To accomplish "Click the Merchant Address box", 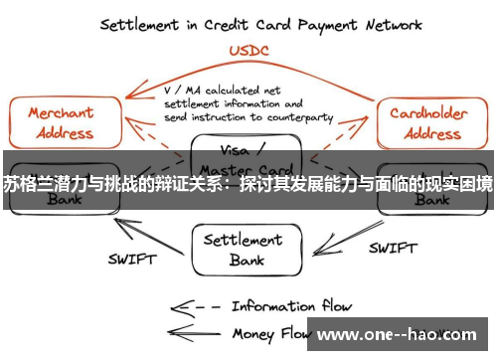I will tap(61, 123).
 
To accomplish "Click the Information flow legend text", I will tap(292, 305).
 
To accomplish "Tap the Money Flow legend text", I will tap(268, 334).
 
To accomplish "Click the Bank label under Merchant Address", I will tap(59, 200).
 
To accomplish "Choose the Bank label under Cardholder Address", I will tap(430, 200).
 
